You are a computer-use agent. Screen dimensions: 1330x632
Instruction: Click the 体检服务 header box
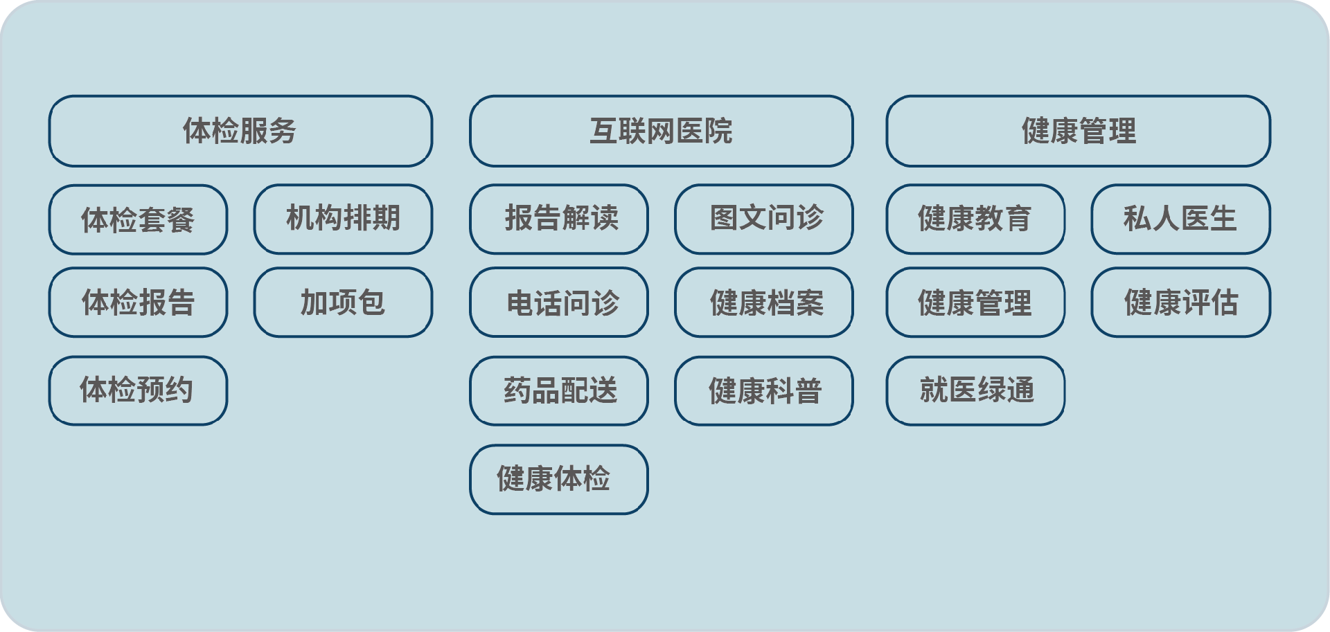pos(240,131)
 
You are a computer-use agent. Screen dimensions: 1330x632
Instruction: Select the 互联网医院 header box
pos(662,131)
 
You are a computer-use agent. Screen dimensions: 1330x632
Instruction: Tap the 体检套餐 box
pos(138,219)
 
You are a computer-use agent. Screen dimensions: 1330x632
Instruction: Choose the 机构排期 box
pos(344,219)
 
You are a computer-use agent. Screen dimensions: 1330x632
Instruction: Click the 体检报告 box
pos(138,303)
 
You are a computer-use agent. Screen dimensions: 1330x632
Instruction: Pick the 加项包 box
pos(344,303)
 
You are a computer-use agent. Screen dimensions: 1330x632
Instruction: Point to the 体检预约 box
pos(138,390)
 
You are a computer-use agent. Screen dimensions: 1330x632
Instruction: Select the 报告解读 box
pos(559,219)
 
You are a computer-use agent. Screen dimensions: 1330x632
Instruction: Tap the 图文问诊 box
pos(764,219)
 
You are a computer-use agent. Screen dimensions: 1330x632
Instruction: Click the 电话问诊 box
pos(559,303)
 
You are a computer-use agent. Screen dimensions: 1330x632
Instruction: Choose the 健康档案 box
pos(764,303)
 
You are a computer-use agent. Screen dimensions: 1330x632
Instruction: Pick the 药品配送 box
pos(559,390)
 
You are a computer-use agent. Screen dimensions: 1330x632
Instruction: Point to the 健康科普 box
pos(764,390)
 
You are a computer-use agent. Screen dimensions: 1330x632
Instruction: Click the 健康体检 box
pos(559,480)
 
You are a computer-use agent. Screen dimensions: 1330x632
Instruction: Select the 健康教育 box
pos(975,219)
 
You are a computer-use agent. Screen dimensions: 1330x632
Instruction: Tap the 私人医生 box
pos(1181,219)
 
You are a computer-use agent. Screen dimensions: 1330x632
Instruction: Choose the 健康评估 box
pos(1181,303)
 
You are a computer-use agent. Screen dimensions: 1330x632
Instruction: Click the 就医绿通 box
pos(975,390)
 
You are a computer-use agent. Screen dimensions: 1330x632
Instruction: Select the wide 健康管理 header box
pos(1079,131)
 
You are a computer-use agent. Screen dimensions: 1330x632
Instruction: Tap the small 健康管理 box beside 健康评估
pos(975,303)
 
